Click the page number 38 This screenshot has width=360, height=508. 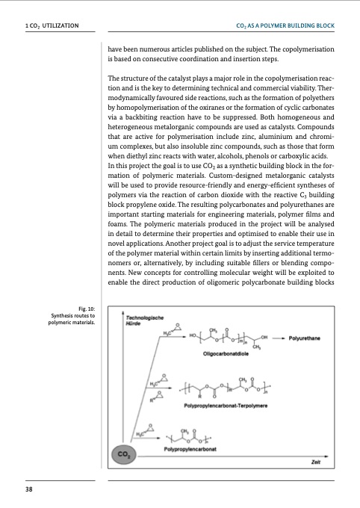click(28, 489)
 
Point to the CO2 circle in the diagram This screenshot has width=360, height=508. click(123, 453)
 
